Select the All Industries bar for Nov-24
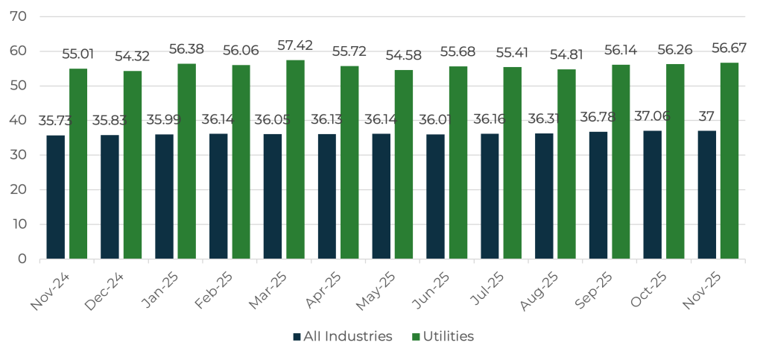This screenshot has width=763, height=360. coord(56,197)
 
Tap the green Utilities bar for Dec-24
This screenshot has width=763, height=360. coord(133,165)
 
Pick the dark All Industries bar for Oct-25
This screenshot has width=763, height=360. coord(653,195)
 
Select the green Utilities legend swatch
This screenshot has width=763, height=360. coord(417,337)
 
